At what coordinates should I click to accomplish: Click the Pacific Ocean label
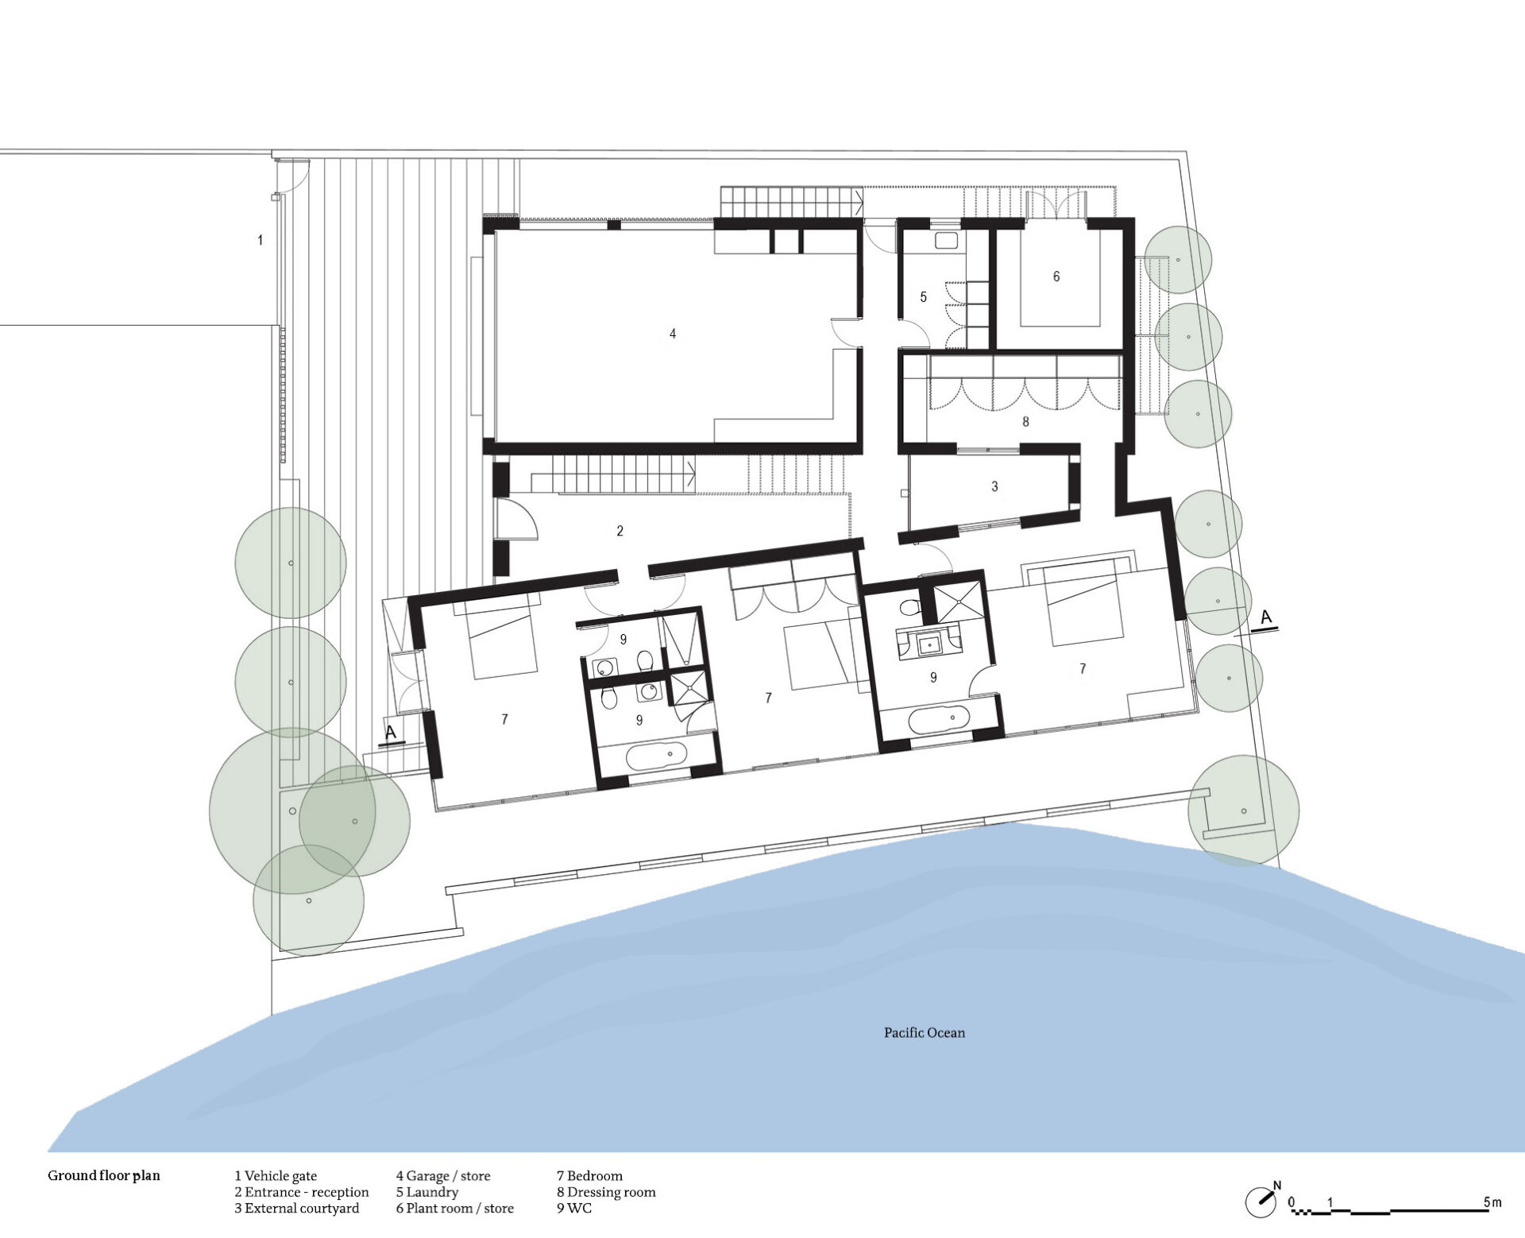click(x=925, y=1033)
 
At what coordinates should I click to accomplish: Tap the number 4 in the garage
click(x=673, y=334)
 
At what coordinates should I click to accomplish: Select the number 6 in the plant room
click(x=1056, y=277)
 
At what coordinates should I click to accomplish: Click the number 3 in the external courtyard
click(x=994, y=486)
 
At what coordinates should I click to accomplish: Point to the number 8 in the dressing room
click(x=1025, y=422)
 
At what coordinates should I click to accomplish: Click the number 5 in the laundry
click(x=923, y=297)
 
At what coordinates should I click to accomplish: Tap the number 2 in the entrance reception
click(x=620, y=531)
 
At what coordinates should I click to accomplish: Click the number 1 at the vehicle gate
click(x=260, y=240)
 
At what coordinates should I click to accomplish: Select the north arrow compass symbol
click(x=1261, y=1201)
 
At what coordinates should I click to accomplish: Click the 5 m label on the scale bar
click(x=1492, y=1202)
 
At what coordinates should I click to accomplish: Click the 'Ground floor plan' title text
click(x=104, y=1175)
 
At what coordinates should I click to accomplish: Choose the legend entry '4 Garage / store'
click(x=443, y=1176)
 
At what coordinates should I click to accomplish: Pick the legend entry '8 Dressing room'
click(x=606, y=1192)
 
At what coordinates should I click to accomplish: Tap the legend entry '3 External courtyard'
click(x=297, y=1209)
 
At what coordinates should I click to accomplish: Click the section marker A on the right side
click(x=1266, y=617)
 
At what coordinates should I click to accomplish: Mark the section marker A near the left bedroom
click(x=391, y=733)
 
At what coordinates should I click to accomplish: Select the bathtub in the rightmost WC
click(x=938, y=720)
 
